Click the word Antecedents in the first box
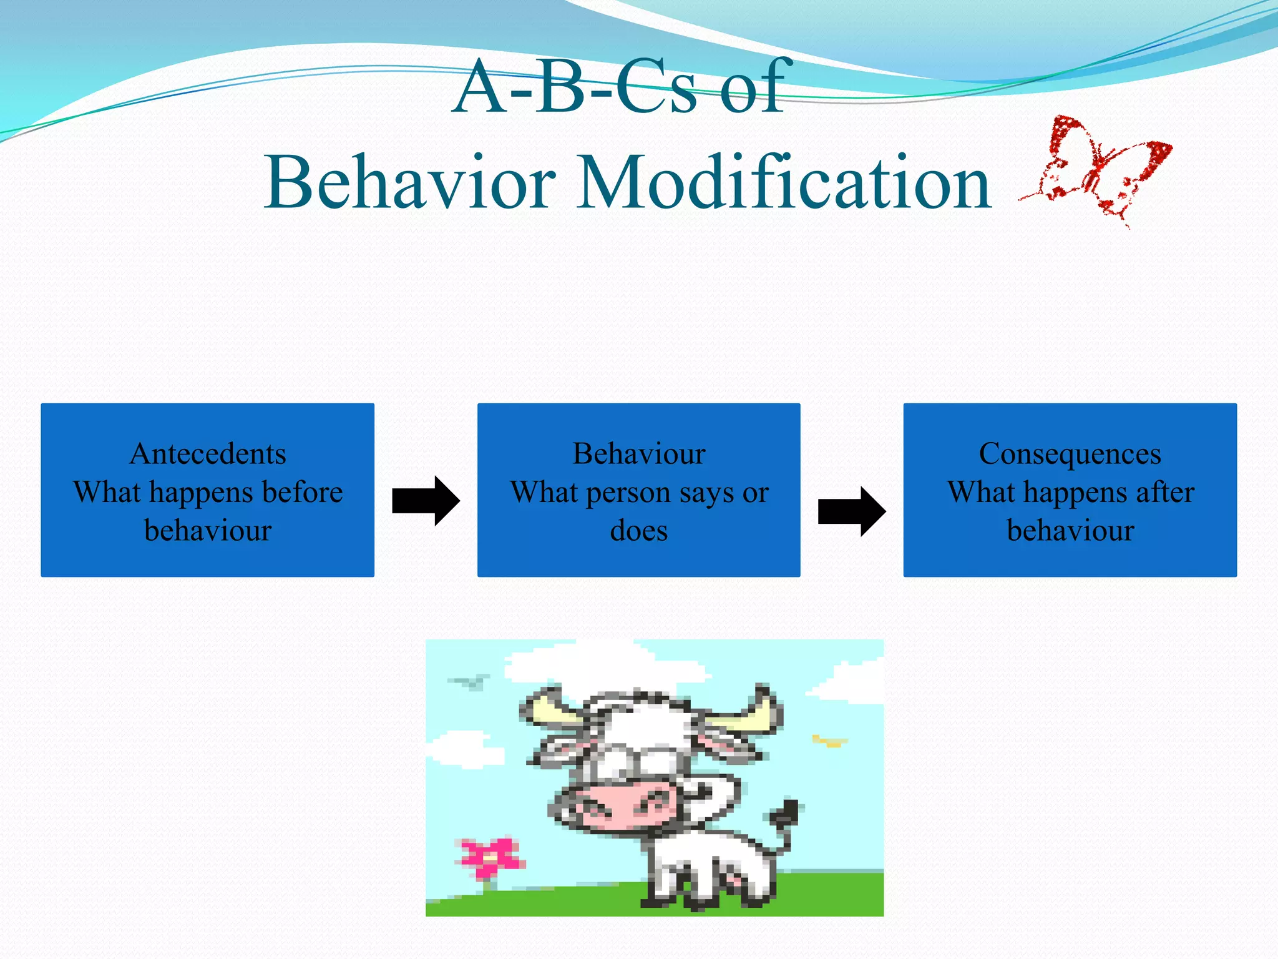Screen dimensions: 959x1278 click(208, 454)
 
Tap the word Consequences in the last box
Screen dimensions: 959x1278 click(1070, 454)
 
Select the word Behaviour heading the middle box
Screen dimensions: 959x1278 click(639, 454)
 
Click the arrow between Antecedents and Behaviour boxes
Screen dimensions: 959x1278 click(426, 501)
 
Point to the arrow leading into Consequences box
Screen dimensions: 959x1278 click(852, 511)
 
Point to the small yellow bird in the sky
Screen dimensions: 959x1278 click(829, 741)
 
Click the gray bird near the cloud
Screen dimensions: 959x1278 click(469, 681)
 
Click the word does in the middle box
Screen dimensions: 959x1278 click(638, 531)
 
